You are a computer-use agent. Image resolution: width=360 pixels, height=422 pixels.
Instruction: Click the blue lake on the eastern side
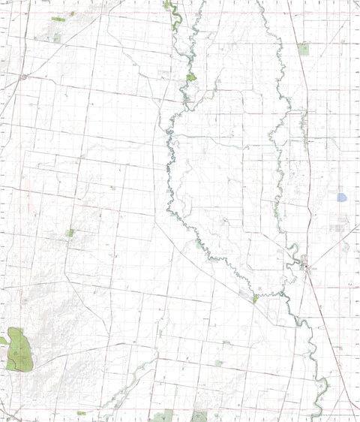[342, 197]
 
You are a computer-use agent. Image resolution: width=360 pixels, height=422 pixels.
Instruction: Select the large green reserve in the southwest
[20, 349]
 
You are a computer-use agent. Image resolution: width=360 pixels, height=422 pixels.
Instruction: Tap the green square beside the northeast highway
[303, 50]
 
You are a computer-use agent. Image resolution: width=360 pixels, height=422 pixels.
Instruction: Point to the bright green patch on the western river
[191, 77]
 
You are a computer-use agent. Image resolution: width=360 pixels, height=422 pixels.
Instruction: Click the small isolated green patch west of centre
[70, 233]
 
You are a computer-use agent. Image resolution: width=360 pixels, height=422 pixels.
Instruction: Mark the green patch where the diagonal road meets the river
[255, 299]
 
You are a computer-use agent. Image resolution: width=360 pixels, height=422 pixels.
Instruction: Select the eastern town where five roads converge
[306, 264]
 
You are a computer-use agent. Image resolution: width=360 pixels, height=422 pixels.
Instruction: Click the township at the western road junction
[24, 77]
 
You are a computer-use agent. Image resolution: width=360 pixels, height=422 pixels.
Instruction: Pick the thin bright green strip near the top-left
[58, 19]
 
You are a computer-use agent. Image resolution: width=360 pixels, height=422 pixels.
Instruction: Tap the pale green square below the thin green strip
[57, 37]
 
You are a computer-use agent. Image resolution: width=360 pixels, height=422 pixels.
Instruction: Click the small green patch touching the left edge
[3, 342]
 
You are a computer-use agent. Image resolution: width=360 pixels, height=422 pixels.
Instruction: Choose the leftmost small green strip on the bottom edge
[81, 412]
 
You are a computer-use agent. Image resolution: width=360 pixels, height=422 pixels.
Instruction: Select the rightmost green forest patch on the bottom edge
[199, 415]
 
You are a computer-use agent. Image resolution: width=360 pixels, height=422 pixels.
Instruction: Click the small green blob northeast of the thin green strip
[85, 11]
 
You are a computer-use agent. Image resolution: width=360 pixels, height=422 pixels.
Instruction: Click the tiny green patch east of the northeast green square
[342, 42]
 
